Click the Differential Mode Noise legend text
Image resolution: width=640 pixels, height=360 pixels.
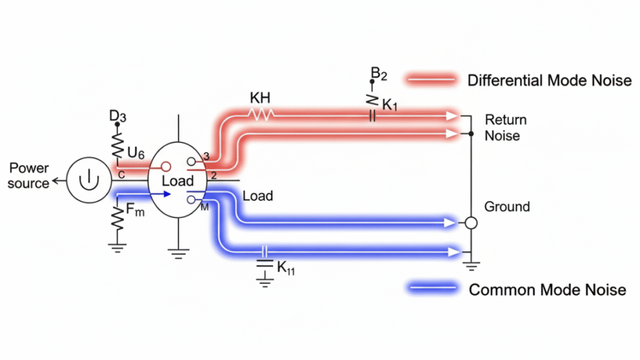549,80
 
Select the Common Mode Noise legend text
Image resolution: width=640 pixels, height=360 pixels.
547,289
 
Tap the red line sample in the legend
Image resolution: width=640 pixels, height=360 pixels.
432,79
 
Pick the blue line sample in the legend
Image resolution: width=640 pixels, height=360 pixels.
432,289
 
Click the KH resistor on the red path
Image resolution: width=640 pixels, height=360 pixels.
262,114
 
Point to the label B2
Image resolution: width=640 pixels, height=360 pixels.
379,74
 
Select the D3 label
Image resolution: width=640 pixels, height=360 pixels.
117,116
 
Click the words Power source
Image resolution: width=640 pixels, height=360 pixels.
29,176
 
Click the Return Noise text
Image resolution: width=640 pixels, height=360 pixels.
505,127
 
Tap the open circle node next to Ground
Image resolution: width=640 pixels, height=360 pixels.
471,222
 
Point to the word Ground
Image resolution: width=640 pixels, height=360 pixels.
507,207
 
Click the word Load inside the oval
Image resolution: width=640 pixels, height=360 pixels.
178,181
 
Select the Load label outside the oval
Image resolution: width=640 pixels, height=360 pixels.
257,196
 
